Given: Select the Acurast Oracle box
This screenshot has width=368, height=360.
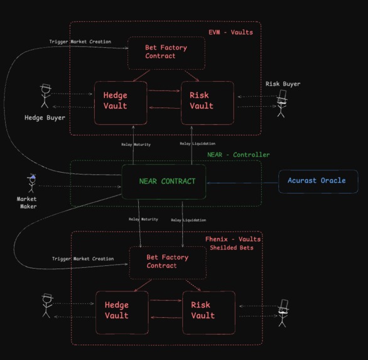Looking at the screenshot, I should (x=318, y=181).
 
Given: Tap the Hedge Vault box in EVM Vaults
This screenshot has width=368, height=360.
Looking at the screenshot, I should (x=121, y=102).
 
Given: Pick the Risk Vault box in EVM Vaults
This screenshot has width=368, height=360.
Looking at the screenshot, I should (x=207, y=102).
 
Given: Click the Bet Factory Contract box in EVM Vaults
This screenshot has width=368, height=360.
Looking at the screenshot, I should (x=166, y=53).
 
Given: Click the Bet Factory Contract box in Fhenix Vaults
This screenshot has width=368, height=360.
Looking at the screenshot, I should (x=168, y=262).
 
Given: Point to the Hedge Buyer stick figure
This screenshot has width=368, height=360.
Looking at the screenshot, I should (x=45, y=97).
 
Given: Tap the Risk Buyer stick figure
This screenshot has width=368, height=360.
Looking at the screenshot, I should (x=282, y=104).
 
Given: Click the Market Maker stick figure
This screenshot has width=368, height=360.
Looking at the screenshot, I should (x=31, y=184).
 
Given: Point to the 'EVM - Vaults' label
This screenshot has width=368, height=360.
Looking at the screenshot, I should (x=230, y=32).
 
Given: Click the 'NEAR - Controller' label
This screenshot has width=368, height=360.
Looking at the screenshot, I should (x=238, y=155).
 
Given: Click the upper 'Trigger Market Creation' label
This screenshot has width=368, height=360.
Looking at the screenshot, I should (x=80, y=42).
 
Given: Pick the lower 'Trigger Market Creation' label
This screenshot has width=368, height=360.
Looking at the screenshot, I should (x=83, y=259).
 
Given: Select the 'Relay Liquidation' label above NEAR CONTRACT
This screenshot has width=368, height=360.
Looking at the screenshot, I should (x=197, y=144).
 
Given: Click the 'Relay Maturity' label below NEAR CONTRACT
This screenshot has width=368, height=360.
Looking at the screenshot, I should (x=143, y=219).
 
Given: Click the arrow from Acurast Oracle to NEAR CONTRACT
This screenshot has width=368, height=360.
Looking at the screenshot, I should (x=242, y=183).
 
